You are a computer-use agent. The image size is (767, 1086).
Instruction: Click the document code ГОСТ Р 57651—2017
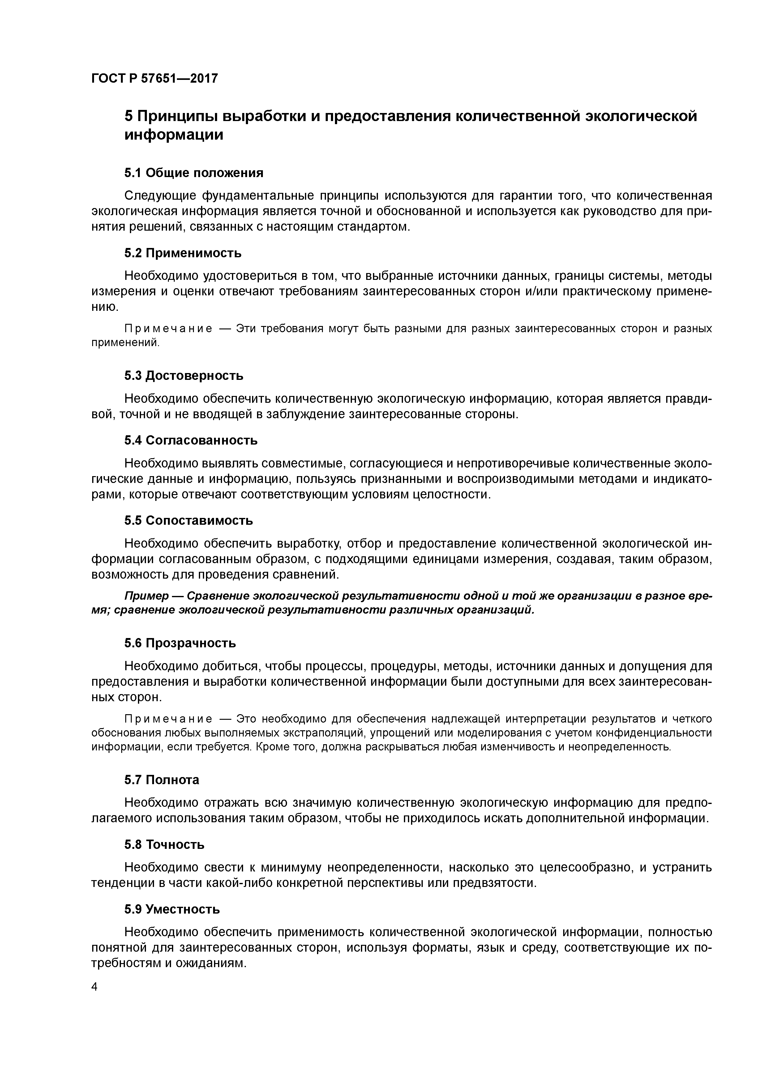(x=155, y=78)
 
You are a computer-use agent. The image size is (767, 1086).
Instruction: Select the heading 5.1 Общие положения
(x=194, y=173)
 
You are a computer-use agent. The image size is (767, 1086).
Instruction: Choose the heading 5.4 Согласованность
(x=191, y=440)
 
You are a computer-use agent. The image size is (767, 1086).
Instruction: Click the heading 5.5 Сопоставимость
(x=189, y=520)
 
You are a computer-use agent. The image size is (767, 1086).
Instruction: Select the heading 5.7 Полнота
(x=162, y=780)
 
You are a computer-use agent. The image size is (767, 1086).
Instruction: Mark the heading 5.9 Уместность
(x=172, y=909)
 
